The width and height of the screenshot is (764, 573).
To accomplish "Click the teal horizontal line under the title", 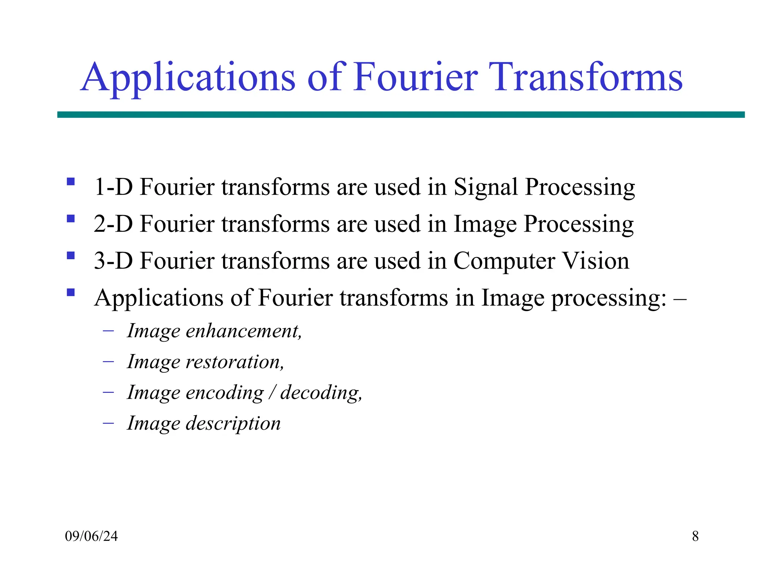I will (x=401, y=115).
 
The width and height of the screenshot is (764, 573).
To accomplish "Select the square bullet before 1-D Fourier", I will (x=71, y=182).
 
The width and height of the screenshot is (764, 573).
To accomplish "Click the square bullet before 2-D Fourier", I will (x=71, y=218).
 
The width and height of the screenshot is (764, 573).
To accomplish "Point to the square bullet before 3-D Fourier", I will (x=71, y=256).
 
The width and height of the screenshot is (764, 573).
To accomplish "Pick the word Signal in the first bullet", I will (x=486, y=187).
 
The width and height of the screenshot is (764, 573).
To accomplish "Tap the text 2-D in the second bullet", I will (x=113, y=224).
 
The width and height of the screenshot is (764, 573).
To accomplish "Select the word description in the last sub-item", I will (x=233, y=424).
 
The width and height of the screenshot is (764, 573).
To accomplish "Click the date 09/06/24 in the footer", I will (x=91, y=536).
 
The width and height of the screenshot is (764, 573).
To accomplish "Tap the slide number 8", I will (x=695, y=536).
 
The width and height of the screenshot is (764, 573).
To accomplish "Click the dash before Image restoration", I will (x=108, y=361).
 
